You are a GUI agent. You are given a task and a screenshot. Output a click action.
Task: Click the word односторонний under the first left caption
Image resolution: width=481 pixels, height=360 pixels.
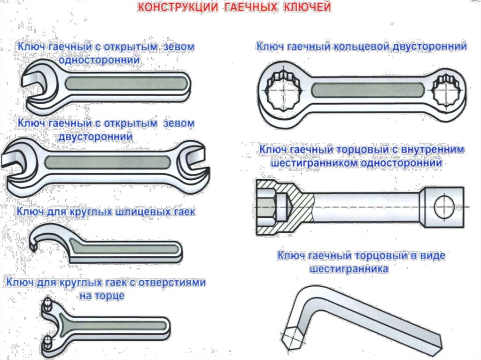(99, 61)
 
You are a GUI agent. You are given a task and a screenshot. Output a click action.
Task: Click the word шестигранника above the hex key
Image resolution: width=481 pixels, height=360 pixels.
(349, 269)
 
